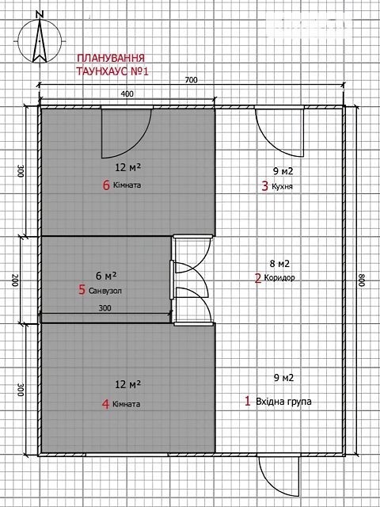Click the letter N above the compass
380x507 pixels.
coord(40,14)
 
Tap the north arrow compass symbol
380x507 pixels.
coord(40,41)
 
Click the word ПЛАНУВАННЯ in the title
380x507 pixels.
coord(110,59)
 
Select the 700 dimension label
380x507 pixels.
coord(191,80)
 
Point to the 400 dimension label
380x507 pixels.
coord(127,93)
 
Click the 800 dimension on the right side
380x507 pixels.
coord(361,280)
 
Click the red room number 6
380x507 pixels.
coord(106,185)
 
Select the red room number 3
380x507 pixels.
coord(265,187)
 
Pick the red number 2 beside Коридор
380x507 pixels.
coord(258,278)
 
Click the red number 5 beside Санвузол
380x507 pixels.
coord(82,290)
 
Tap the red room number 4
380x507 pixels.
coord(105,404)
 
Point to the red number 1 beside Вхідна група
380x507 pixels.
coord(248,402)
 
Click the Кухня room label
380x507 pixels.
coord(283,187)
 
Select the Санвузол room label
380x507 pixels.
coord(105,291)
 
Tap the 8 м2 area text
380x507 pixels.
coord(279,264)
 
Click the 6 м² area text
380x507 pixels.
coord(106,276)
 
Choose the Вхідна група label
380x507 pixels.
coord(283,402)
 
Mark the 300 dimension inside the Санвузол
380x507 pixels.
coord(104,308)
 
